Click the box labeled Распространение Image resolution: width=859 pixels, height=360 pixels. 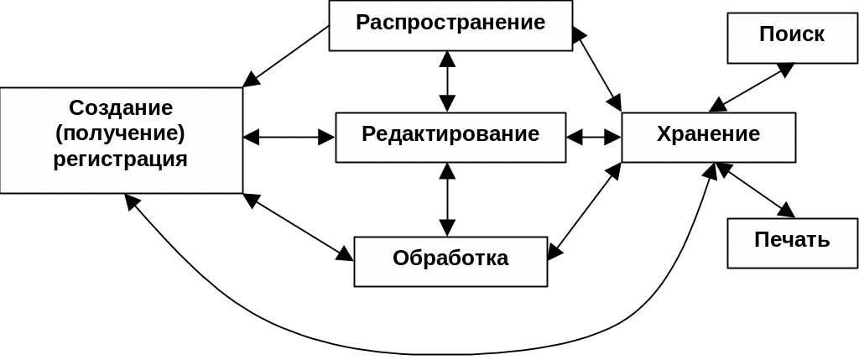click(450, 24)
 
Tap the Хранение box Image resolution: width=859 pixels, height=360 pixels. click(708, 136)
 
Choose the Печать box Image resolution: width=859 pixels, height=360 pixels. click(792, 242)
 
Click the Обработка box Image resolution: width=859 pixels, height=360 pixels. click(450, 260)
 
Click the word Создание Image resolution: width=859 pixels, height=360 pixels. click(121, 108)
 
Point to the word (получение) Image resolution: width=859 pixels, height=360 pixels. click(121, 133)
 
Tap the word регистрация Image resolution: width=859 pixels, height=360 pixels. click(121, 159)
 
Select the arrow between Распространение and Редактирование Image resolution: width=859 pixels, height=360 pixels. click(447, 81)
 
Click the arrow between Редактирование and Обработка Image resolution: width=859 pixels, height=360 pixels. click(447, 199)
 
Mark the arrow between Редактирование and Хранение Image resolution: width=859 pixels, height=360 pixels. click(593, 136)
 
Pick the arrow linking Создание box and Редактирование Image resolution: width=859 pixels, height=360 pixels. click(289, 136)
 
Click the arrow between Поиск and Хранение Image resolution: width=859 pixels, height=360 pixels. click(752, 87)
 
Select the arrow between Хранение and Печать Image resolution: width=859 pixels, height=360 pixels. click(755, 190)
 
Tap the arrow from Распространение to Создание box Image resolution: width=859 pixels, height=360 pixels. click(286, 55)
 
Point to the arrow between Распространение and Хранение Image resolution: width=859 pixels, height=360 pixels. click(596, 68)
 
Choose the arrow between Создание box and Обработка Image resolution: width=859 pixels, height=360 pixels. click(298, 227)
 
